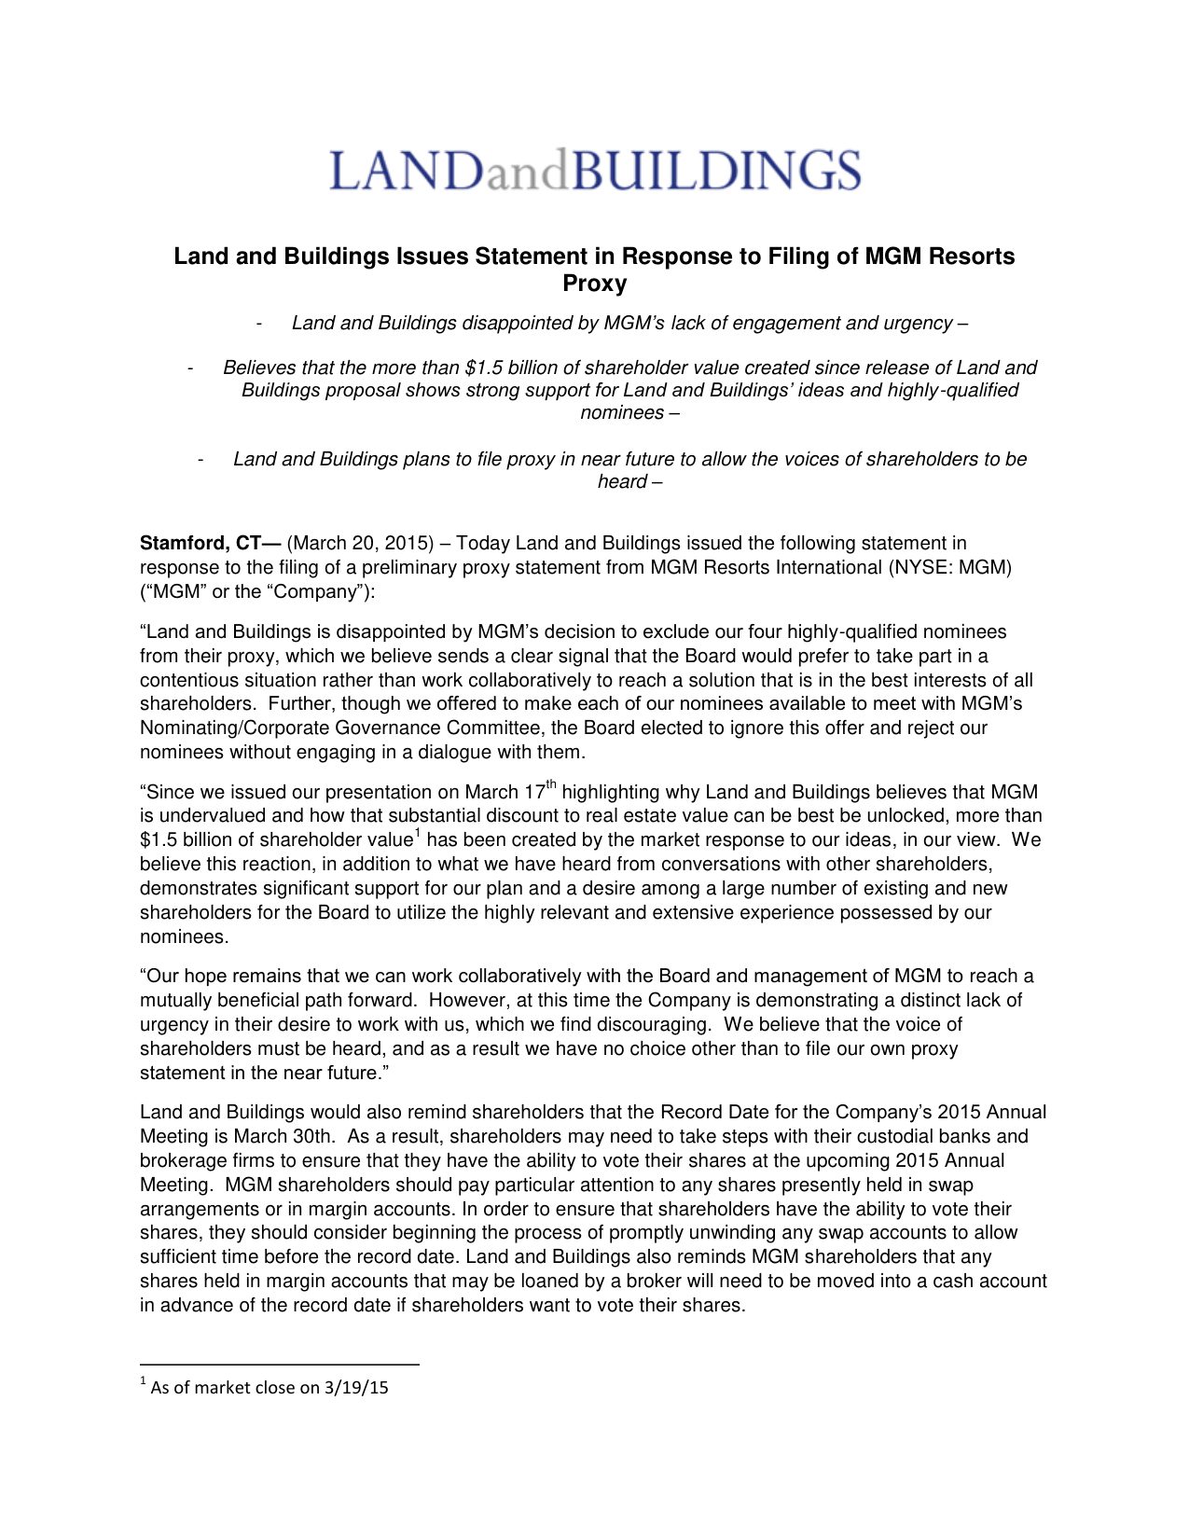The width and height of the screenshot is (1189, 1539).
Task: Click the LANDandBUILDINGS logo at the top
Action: click(x=595, y=171)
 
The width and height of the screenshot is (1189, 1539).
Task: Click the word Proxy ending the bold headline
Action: click(x=594, y=284)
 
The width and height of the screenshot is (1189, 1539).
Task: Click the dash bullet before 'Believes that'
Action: click(x=190, y=368)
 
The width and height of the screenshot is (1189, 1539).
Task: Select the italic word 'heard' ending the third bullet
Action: click(x=622, y=482)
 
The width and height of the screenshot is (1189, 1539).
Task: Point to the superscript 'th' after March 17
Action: click(x=551, y=784)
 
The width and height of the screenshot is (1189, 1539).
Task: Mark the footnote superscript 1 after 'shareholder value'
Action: click(x=417, y=833)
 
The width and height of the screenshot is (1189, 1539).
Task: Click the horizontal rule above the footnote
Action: click(x=279, y=1365)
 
